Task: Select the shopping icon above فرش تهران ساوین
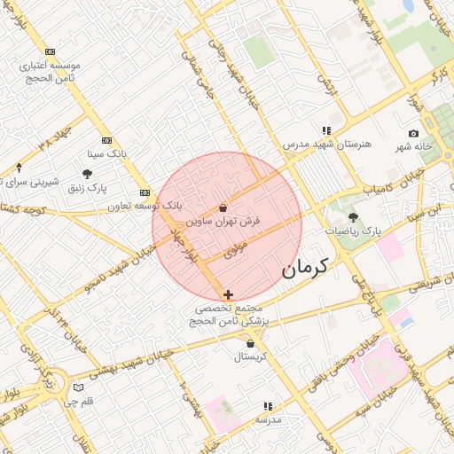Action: coord(222,207)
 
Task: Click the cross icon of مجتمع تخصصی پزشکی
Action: coord(229,294)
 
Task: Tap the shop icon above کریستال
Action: coord(251,344)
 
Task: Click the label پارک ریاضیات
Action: coord(352,231)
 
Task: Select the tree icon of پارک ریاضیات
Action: coord(354,215)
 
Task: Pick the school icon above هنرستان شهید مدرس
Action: coord(326,129)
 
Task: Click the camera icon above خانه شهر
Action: coord(413,133)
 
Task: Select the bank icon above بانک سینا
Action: coord(106,140)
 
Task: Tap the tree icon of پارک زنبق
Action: coord(87,175)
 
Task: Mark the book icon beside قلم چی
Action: coord(78,387)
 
